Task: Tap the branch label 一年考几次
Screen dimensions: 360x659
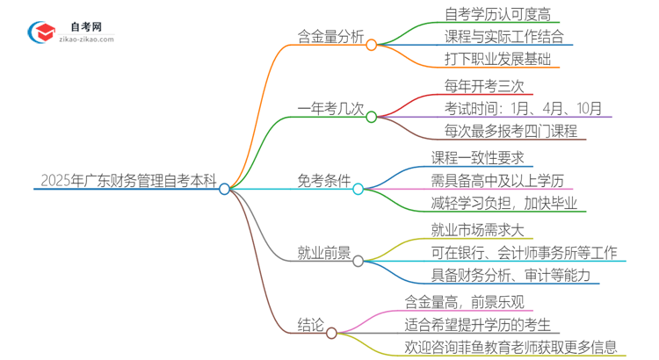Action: (x=329, y=109)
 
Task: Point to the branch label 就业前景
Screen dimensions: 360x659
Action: (x=323, y=253)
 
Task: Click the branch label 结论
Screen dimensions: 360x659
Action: (x=312, y=326)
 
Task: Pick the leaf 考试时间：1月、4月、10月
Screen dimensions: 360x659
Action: (x=524, y=109)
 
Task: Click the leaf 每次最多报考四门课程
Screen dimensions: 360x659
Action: (x=511, y=132)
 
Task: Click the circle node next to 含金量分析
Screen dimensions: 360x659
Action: (x=371, y=44)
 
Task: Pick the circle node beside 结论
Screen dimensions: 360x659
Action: (x=331, y=333)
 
